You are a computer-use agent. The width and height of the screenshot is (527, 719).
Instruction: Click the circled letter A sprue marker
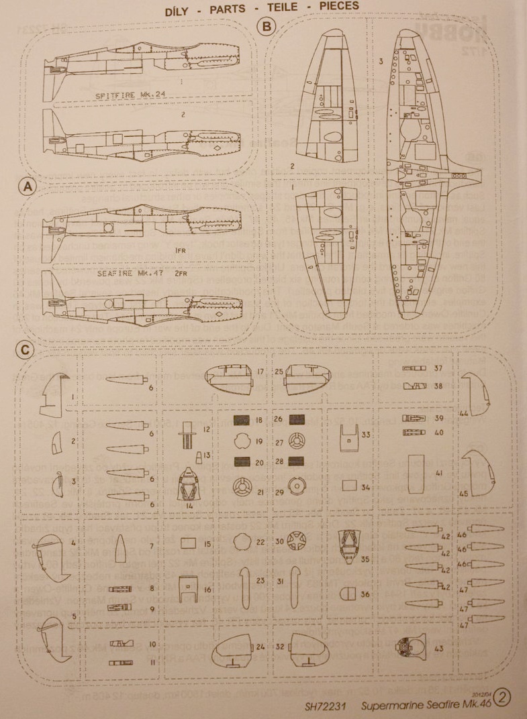[28, 186]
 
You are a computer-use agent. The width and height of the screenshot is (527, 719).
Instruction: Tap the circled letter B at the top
[267, 27]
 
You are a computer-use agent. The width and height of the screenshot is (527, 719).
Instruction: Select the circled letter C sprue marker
[25, 350]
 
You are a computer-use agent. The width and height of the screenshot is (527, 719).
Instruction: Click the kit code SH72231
[326, 706]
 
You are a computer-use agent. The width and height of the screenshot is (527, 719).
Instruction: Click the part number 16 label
[207, 590]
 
